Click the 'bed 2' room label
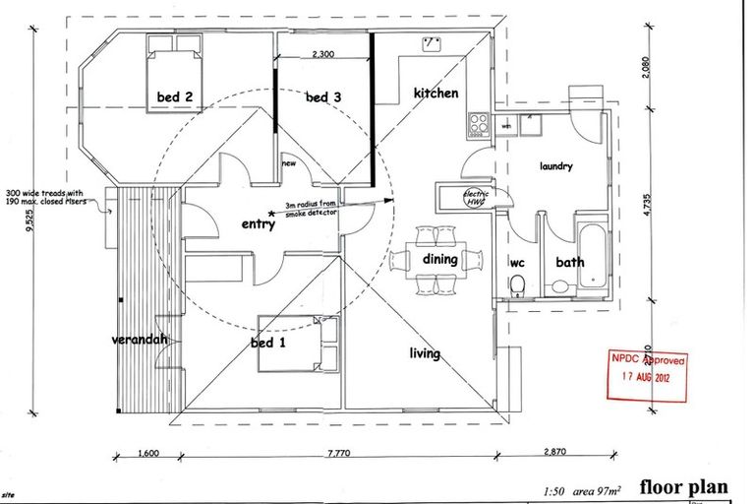[173, 97]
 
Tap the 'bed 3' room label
[322, 97]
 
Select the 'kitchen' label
[436, 94]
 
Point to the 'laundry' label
[555, 167]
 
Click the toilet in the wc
[518, 285]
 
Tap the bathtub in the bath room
[592, 256]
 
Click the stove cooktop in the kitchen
[480, 124]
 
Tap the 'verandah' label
[139, 340]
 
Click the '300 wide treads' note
[47, 197]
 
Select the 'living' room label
[425, 353]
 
